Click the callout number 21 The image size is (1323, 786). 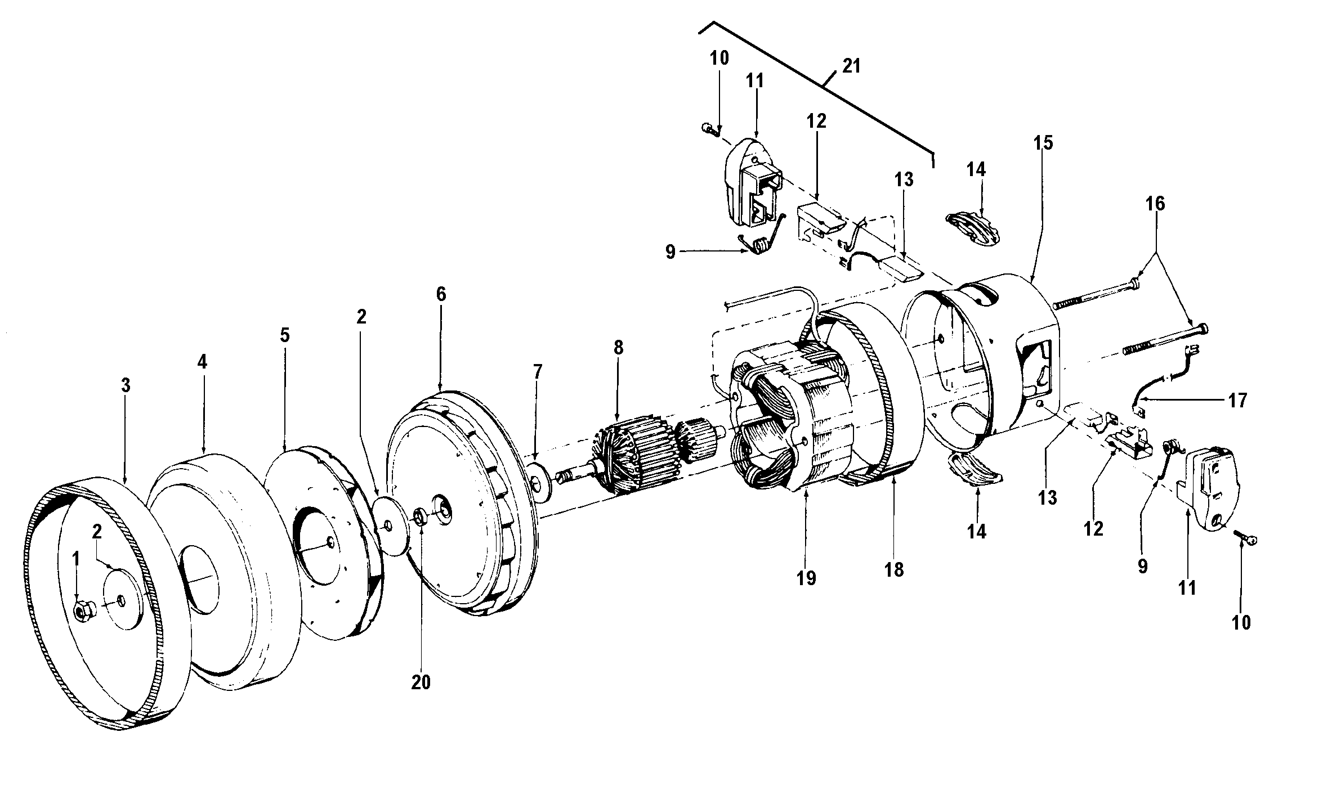coord(851,66)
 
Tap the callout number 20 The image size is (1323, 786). coord(421,682)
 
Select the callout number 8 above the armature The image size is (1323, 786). coord(618,348)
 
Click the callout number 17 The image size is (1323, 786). coord(1238,401)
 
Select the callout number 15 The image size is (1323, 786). coord(1042,143)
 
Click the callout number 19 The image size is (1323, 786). coord(806,578)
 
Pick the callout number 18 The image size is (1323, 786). coord(894,570)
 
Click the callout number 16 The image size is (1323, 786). coord(1155,204)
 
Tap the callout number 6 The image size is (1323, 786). coord(441,294)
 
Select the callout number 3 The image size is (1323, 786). coord(126,385)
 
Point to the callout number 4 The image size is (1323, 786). coord(202,362)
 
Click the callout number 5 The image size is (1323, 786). coord(285,335)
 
